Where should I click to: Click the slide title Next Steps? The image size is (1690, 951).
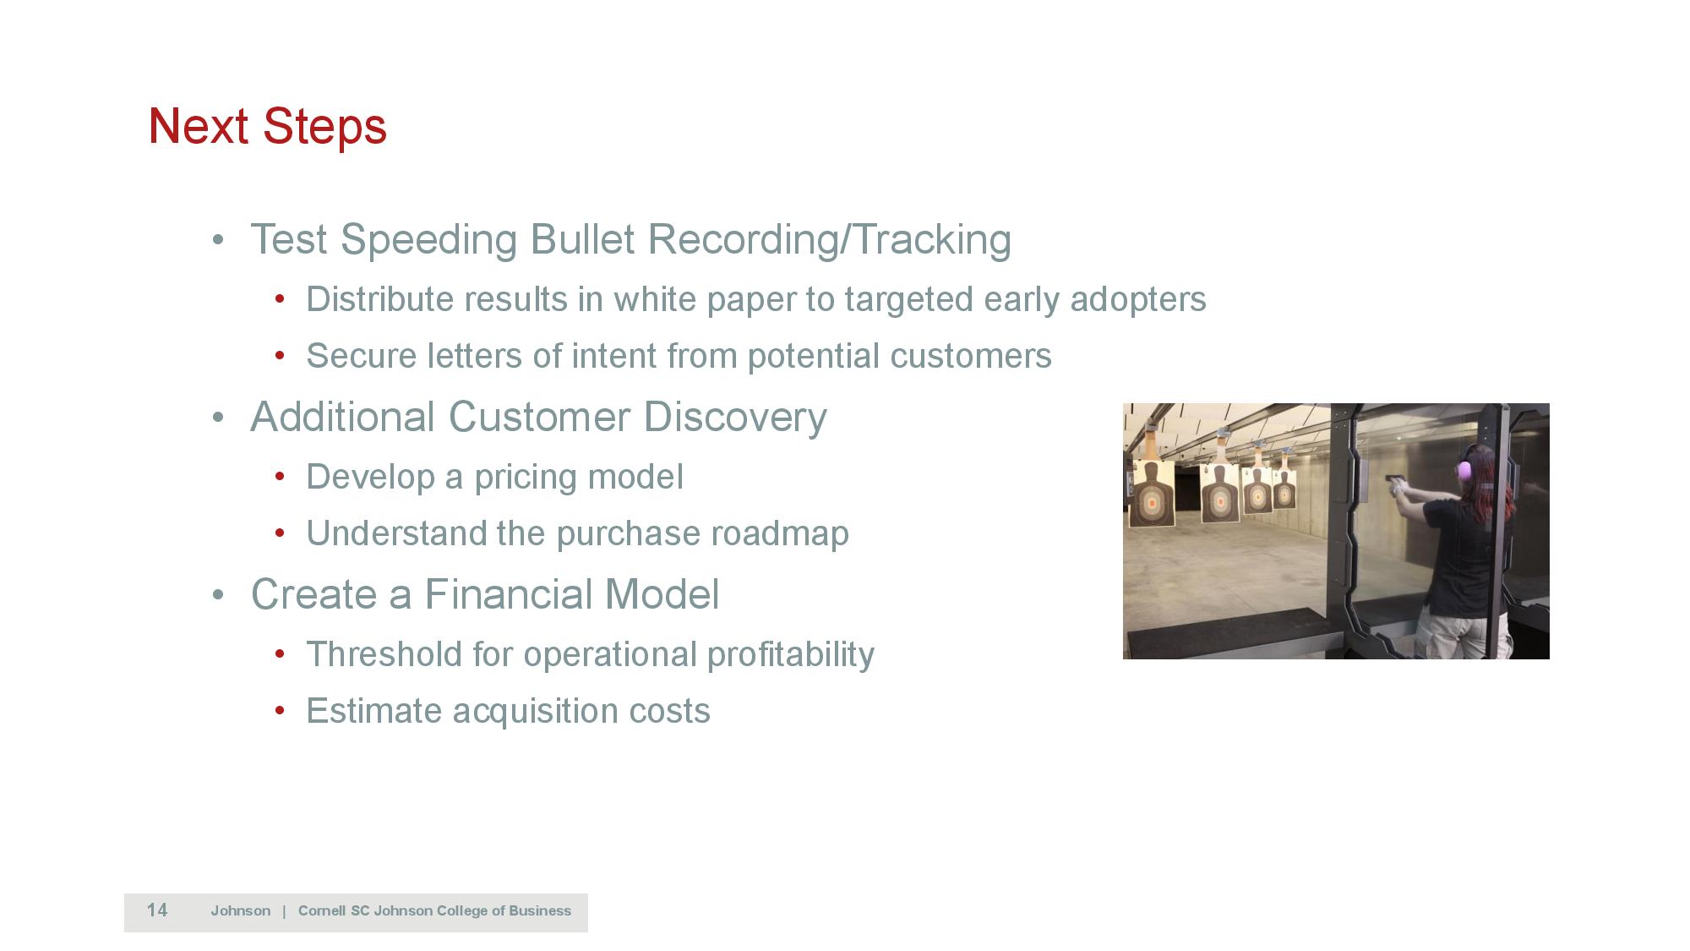(267, 127)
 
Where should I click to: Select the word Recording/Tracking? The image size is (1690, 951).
(829, 240)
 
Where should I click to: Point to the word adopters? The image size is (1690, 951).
(1138, 300)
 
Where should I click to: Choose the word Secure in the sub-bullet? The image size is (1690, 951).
(361, 356)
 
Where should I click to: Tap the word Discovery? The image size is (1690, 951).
(734, 418)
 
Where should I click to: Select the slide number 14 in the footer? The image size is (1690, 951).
(157, 910)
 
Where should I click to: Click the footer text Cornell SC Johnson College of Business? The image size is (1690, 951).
(434, 911)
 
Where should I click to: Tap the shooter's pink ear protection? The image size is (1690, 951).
(1465, 468)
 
